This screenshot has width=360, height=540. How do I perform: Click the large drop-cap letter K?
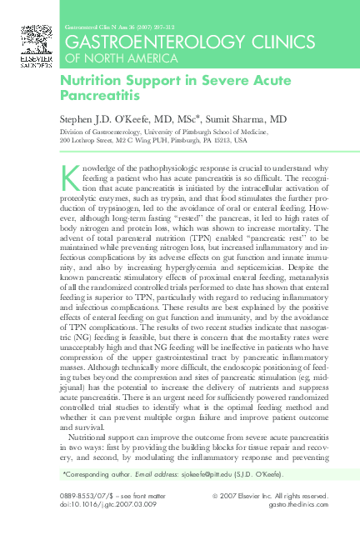pos(70,175)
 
